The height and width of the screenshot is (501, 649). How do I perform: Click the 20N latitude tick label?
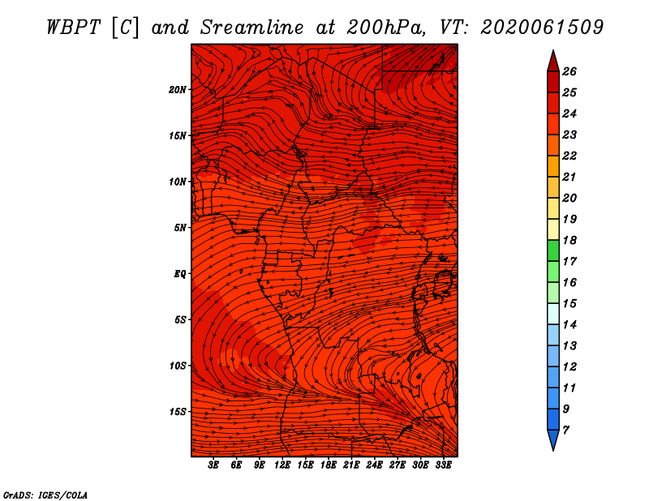tap(177, 90)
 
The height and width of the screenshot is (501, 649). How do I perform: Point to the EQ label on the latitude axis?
tap(179, 274)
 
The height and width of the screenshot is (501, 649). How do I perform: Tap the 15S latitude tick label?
tap(178, 412)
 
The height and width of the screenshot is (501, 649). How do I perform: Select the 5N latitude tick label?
tap(180, 228)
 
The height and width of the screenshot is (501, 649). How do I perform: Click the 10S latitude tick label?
tap(178, 366)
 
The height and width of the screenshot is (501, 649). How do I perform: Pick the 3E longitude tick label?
tap(213, 465)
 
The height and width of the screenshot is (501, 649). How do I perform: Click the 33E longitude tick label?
tap(443, 465)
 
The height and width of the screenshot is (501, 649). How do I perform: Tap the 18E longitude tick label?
tap(329, 465)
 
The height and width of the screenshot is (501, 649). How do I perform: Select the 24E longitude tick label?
tap(374, 465)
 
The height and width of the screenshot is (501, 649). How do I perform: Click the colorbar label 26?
tap(569, 71)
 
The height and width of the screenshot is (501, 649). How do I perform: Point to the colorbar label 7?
tap(565, 430)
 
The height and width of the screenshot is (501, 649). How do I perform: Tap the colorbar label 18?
tap(569, 240)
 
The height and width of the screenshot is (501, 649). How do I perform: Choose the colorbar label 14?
tap(569, 325)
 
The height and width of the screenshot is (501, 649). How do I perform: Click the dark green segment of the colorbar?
tap(553, 250)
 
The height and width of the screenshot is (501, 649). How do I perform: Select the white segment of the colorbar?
tap(553, 314)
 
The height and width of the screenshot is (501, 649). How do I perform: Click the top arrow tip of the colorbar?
tap(553, 50)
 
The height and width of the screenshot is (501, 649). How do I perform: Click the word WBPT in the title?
tap(74, 28)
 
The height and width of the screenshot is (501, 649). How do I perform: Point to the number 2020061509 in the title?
tap(542, 28)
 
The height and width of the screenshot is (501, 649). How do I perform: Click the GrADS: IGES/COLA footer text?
tap(45, 495)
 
